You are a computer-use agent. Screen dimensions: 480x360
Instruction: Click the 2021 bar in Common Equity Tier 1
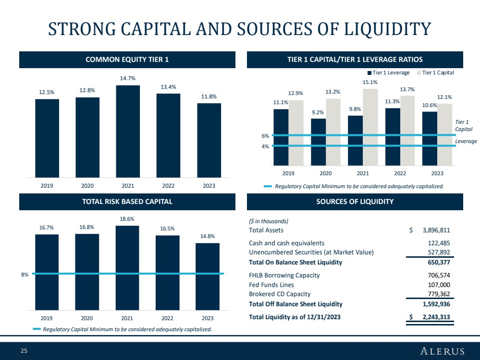pos(128,131)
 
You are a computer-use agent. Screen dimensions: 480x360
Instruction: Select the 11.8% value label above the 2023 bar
pos(209,96)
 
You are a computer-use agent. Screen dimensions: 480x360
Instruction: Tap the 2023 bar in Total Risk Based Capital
pos(208,276)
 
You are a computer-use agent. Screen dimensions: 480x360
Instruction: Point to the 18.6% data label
pos(127,219)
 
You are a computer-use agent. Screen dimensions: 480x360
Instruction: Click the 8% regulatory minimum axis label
pos(25,275)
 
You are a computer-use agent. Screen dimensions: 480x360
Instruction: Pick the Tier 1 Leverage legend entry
pos(389,73)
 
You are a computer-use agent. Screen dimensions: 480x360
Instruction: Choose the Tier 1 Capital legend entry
pos(435,73)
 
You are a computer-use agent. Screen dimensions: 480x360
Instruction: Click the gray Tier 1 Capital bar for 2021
pos(370,127)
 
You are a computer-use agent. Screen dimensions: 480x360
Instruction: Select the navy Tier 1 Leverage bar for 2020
pos(319,142)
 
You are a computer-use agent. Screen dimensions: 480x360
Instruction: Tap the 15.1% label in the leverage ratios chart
pos(370,82)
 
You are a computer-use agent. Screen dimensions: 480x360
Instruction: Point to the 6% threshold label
pos(265,136)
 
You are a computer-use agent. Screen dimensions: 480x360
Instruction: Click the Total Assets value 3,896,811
pos(436,230)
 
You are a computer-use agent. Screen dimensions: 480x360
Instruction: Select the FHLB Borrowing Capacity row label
pos(284,275)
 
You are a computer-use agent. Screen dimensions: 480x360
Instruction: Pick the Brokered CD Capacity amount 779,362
pos(439,294)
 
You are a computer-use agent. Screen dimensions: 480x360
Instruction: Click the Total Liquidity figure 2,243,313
pos(436,317)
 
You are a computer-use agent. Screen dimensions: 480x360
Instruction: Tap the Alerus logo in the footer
pos(443,351)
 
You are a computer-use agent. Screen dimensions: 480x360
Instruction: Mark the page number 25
pos(24,351)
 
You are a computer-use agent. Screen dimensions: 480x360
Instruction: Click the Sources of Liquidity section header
pos(355,202)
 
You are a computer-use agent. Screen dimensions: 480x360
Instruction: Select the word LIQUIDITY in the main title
pos(388,29)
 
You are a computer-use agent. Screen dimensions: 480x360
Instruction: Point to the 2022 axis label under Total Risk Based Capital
pos(167,318)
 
